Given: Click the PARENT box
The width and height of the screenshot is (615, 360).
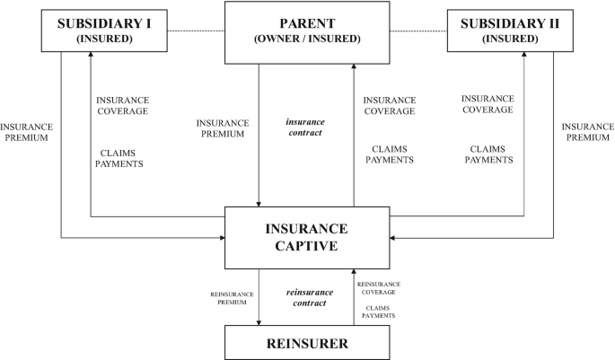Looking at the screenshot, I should (x=306, y=32).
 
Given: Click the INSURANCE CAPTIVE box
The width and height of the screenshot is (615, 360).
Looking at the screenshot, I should (x=306, y=237).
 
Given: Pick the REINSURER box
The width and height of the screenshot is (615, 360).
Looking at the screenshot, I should (x=306, y=342).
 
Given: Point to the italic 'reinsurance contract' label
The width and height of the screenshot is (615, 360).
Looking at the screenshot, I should (x=309, y=298).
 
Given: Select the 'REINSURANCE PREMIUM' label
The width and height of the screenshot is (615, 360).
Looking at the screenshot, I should (x=232, y=297).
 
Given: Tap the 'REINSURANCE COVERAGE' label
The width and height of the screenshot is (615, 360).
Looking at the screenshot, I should (x=378, y=287).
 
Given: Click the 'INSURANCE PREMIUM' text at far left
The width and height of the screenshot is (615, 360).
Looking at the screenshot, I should (x=24, y=133).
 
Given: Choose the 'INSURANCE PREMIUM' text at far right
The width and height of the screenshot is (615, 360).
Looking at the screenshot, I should (x=588, y=133).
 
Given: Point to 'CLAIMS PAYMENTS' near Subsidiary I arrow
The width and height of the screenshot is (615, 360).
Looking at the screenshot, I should (x=119, y=158).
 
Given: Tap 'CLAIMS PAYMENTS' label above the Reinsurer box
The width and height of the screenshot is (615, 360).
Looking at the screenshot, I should (x=378, y=311).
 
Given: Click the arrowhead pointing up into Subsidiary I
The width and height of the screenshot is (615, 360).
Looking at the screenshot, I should (x=90, y=56).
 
